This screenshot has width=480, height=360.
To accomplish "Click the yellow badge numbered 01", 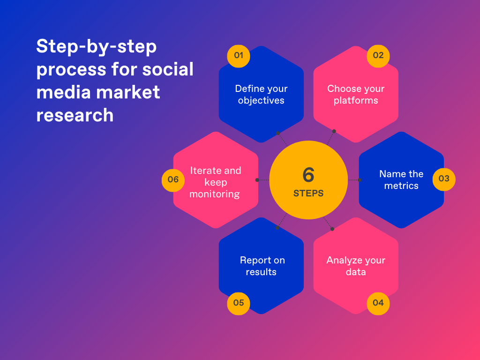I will coord(239,56).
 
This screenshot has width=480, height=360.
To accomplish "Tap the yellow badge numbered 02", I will coord(378,56).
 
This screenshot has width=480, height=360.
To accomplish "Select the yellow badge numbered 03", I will coord(444,179).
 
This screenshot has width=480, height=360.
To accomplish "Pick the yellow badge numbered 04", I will coord(378,303).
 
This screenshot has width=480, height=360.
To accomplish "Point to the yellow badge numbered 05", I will coord(239,303).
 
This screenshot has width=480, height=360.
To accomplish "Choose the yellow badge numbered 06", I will coord(173,180).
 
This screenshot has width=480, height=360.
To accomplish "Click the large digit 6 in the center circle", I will coord(308,175).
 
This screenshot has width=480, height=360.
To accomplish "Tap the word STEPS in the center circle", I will coord(308,193).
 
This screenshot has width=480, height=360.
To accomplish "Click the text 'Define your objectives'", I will coord(261,94).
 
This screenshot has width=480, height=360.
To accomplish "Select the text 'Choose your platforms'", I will coord(356,94).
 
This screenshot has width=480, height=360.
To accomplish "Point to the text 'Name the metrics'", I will coord(401,180).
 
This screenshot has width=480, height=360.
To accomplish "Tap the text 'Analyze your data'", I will coord(356,266).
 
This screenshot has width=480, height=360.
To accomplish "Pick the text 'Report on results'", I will coord(262,266).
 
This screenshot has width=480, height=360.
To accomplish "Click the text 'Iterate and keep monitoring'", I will coord(215,182).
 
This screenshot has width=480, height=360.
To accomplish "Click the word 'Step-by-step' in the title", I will coord(97,47).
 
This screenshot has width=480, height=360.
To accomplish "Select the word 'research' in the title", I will coord(75,115).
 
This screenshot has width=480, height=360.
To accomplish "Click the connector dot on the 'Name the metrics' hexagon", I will coord(360,180).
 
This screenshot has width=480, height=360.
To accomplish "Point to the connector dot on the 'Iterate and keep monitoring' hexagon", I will coord(257,180).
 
